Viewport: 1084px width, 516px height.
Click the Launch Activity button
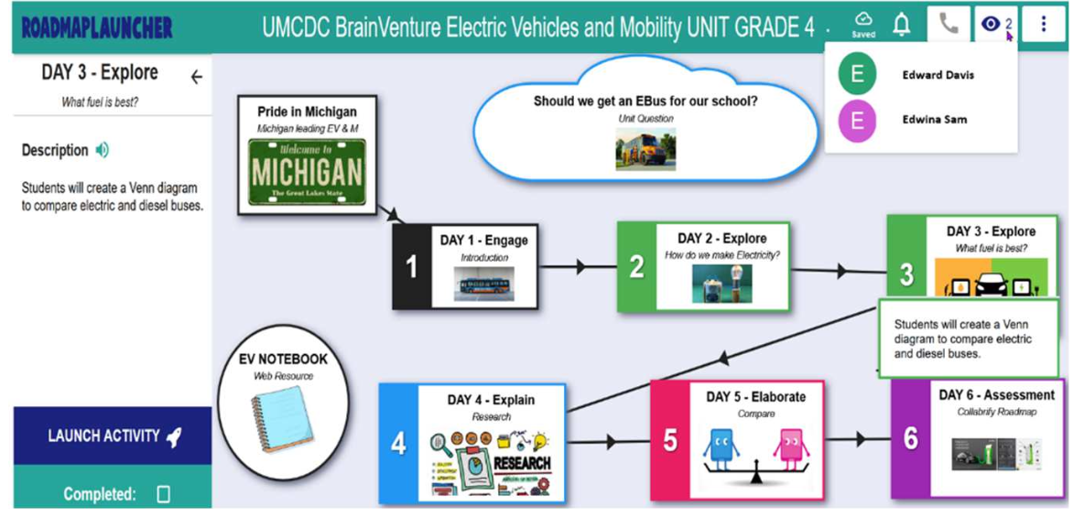pyautogui.click(x=113, y=436)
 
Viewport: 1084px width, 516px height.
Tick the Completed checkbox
pyautogui.click(x=164, y=494)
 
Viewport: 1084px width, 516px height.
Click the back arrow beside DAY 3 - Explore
pyautogui.click(x=196, y=78)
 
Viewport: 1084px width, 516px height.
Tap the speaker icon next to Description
pyautogui.click(x=102, y=150)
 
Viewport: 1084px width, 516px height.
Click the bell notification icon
pyautogui.click(x=902, y=25)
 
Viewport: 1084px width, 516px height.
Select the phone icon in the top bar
pyautogui.click(x=948, y=25)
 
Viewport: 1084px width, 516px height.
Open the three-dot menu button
pyautogui.click(x=1043, y=25)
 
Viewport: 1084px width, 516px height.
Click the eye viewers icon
pyautogui.click(x=991, y=25)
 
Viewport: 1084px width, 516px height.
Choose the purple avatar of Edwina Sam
pyautogui.click(x=857, y=120)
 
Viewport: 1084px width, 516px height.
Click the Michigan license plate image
pyautogui.click(x=307, y=171)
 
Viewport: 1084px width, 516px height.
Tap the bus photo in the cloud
pyautogui.click(x=645, y=150)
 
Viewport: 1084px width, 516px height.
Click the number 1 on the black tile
pyautogui.click(x=412, y=266)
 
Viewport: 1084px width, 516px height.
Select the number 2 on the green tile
pyautogui.click(x=636, y=266)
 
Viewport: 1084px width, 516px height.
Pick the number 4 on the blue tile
pyautogui.click(x=398, y=443)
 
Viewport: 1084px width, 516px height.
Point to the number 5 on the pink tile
pyautogui.click(x=670, y=440)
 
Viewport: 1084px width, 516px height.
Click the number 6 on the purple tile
pyautogui.click(x=910, y=438)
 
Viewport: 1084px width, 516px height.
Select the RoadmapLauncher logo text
pyautogui.click(x=97, y=27)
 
